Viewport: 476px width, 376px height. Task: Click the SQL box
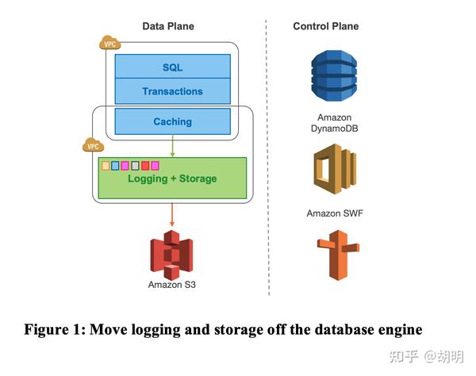coord(172,67)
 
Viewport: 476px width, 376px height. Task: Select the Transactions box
coord(172,91)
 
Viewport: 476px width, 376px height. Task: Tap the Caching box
coord(172,121)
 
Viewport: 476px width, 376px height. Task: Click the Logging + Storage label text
coord(172,179)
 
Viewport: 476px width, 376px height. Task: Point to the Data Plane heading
coord(167,26)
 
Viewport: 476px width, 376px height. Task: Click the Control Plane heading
coord(325,26)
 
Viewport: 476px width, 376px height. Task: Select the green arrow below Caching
coord(173,146)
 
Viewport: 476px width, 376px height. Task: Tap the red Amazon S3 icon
coord(172,253)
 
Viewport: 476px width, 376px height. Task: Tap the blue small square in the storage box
coord(115,165)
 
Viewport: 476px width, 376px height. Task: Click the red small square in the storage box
coord(145,165)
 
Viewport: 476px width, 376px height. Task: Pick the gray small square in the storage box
coord(135,165)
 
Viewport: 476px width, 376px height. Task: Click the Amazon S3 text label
coord(172,285)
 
